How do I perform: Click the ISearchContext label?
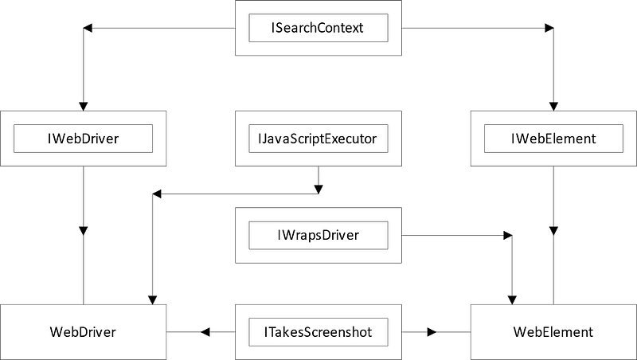pos(318,28)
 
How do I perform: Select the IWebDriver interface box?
pos(84,139)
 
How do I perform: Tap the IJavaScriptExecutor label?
pos(318,139)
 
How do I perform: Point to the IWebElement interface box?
pos(553,139)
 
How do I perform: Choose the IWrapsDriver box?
pos(318,235)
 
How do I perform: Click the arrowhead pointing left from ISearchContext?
pos(88,29)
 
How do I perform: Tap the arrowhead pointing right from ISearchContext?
pos(549,29)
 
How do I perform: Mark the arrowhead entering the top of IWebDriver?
pos(84,106)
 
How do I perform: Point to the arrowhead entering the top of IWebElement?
pos(553,106)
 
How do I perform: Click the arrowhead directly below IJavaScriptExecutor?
pos(318,189)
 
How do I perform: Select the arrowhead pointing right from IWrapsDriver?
pos(507,236)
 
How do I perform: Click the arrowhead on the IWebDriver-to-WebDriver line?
pos(84,230)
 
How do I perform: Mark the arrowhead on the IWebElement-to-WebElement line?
pos(553,230)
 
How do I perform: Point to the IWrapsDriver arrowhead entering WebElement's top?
pos(512,299)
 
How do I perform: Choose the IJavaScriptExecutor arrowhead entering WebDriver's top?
pos(151,299)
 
